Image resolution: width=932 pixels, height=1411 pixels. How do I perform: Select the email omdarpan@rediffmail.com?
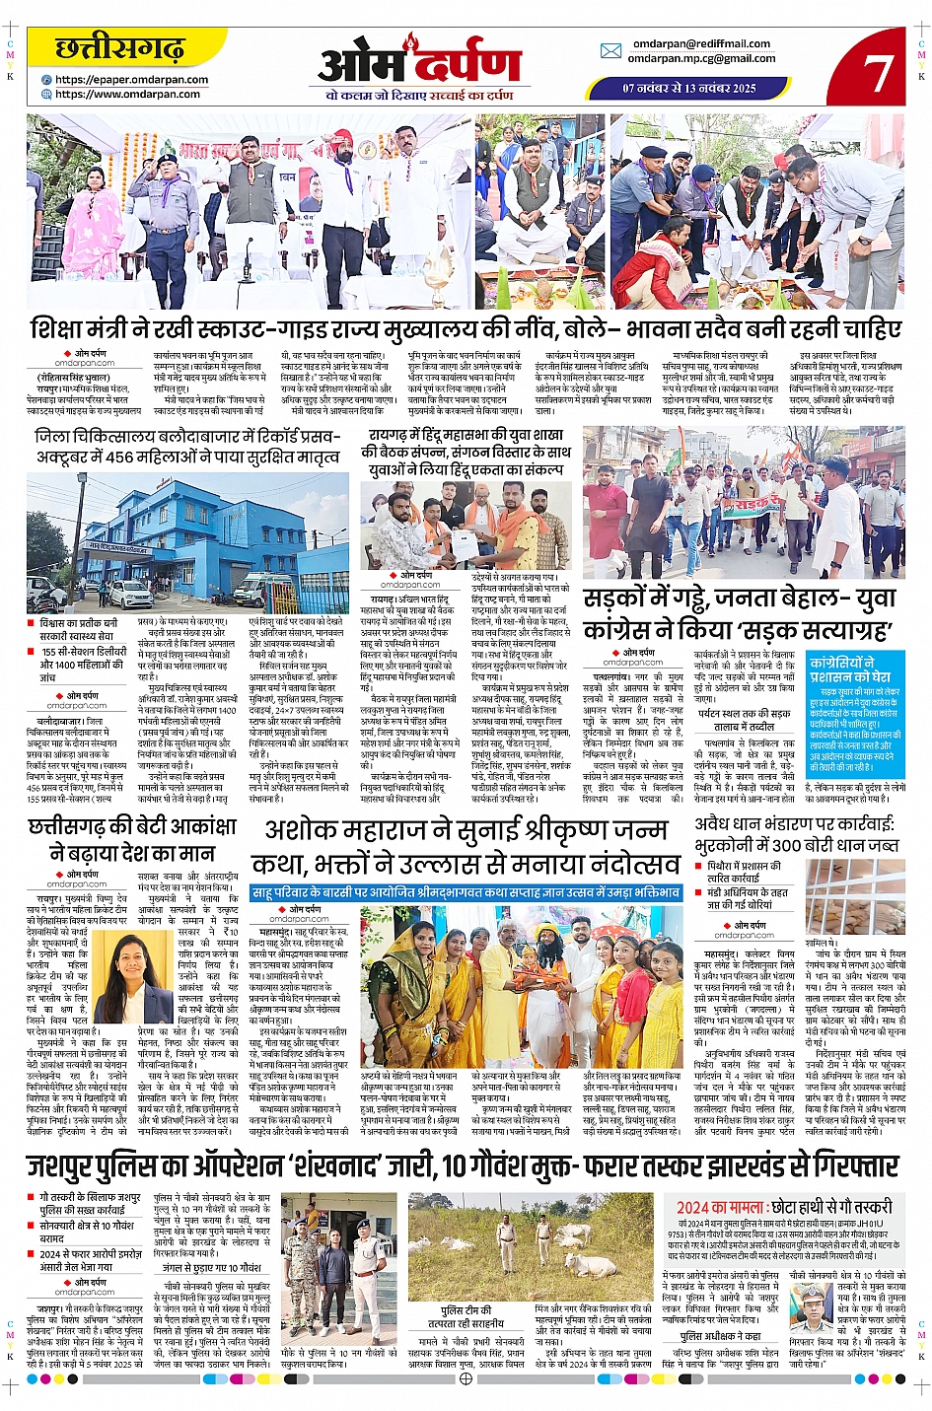click(x=701, y=43)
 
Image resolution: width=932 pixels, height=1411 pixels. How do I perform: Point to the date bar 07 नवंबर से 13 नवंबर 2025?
click(x=689, y=88)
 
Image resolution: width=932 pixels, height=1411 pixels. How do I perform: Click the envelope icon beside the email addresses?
click(x=611, y=51)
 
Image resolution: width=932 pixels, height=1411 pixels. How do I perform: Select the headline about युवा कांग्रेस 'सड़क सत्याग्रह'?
click(x=739, y=614)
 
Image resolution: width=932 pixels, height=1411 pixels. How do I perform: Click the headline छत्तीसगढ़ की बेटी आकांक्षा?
click(x=134, y=839)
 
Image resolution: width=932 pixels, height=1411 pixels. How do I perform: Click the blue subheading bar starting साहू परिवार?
click(x=466, y=892)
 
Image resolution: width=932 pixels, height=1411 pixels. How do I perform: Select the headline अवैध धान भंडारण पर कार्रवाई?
click(x=795, y=834)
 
